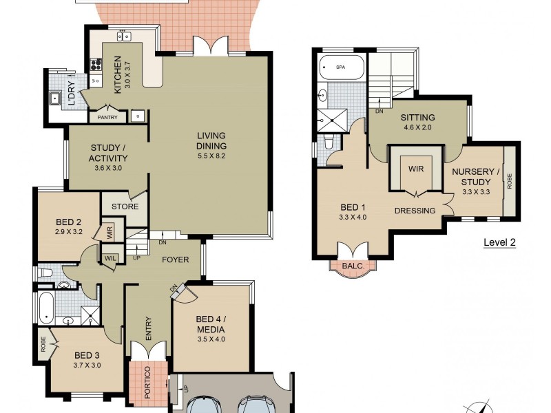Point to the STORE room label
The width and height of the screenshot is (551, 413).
tap(125, 206)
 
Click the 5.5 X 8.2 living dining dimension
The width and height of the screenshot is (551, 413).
tap(211, 156)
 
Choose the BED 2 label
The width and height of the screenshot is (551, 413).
tap(69, 222)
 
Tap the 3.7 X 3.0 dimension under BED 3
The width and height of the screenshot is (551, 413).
tap(87, 366)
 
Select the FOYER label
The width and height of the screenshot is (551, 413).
tap(176, 260)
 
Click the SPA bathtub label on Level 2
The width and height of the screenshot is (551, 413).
tap(340, 67)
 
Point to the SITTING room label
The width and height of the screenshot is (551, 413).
tap(418, 118)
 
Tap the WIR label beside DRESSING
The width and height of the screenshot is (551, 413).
tap(415, 168)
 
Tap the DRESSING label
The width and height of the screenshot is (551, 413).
tap(415, 211)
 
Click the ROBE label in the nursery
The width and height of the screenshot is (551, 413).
tap(510, 181)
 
